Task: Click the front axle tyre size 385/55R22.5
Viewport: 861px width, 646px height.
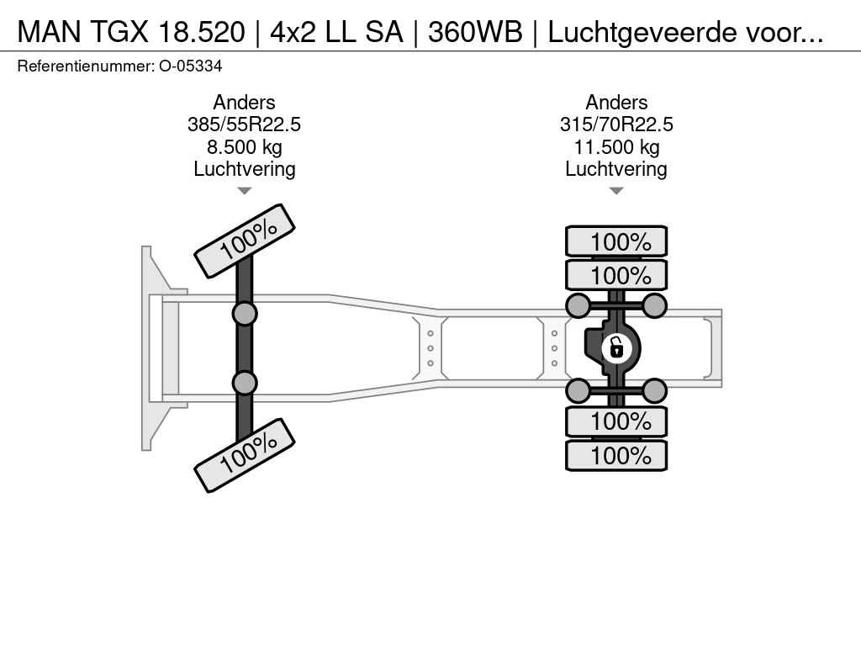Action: (244, 124)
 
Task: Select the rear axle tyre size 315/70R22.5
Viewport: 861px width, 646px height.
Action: (616, 124)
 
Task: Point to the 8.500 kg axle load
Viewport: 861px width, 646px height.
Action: (244, 147)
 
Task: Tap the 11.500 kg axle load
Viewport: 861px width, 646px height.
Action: (616, 147)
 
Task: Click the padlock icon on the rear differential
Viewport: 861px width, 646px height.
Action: (616, 347)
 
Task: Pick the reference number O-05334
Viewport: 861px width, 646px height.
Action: (191, 66)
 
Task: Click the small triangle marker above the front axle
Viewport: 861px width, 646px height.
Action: (244, 191)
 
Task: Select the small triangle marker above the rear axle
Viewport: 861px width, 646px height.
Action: (616, 191)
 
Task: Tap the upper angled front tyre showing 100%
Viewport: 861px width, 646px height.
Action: (245, 241)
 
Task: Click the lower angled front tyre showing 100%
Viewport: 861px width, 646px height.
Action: (245, 455)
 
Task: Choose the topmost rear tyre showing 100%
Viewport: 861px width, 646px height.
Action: (616, 241)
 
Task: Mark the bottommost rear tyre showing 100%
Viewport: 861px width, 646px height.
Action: (616, 456)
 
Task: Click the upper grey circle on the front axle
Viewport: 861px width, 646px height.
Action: (245, 314)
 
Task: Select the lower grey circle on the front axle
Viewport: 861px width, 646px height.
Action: (245, 383)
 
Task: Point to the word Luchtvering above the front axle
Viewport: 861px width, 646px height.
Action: (244, 169)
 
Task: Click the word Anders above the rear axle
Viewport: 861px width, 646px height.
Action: (616, 103)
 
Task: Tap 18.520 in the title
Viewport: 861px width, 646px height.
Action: (197, 32)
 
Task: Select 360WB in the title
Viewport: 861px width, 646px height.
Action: (475, 32)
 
